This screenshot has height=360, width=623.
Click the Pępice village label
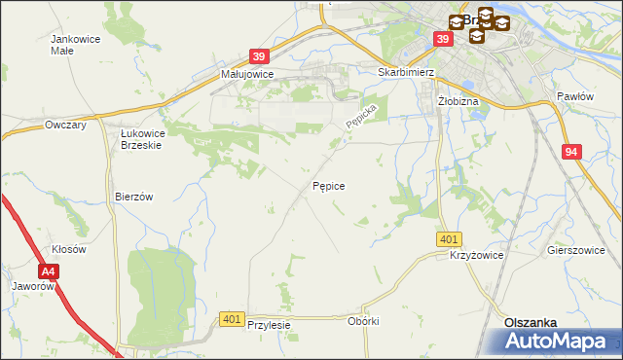coord(328,184)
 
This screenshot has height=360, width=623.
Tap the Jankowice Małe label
coord(76,46)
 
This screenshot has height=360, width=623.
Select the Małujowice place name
coord(247,74)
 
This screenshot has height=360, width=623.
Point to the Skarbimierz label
coord(405,72)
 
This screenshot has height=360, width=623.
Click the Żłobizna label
coord(457,100)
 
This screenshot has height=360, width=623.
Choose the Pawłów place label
coord(574,96)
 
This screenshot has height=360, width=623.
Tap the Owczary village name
coord(66,126)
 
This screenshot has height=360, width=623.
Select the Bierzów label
coord(134,196)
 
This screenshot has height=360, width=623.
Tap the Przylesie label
coord(269,326)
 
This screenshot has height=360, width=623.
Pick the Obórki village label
coord(362,321)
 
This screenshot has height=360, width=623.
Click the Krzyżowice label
coord(475,255)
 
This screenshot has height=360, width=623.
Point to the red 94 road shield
coord(572,152)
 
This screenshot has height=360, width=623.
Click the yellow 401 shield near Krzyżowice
coord(449,239)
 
